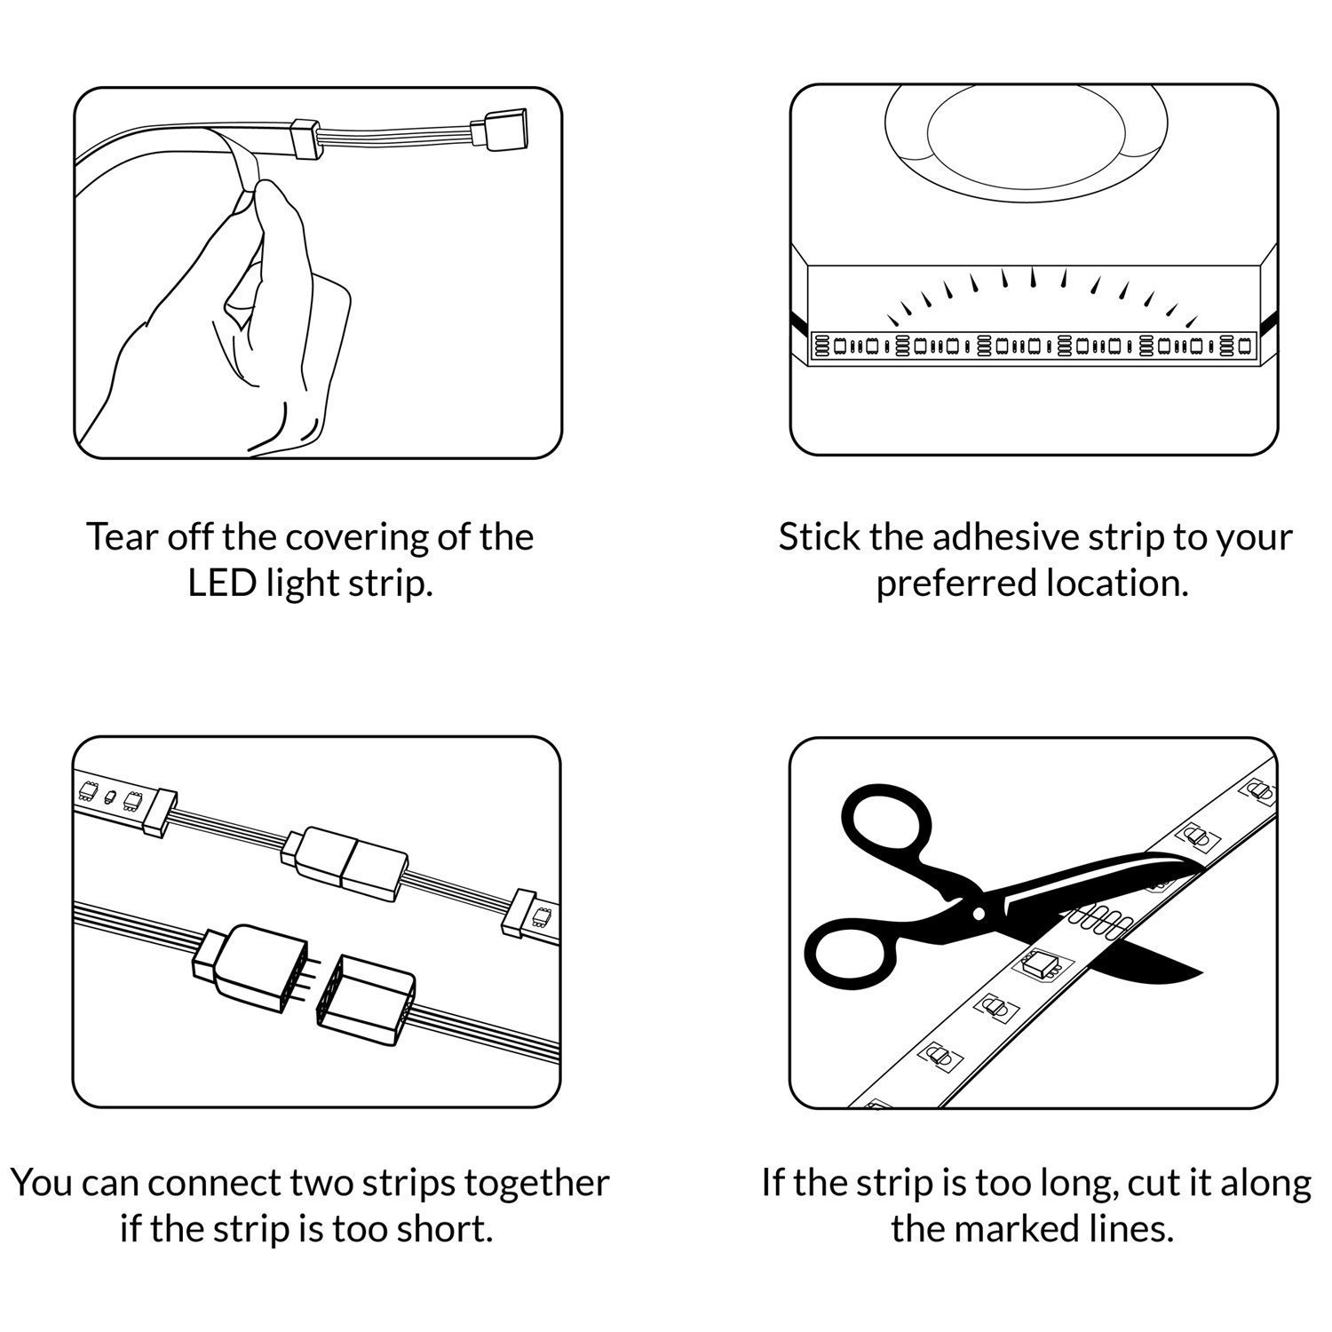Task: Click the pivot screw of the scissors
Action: (x=979, y=913)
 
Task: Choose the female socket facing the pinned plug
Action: (x=367, y=993)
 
